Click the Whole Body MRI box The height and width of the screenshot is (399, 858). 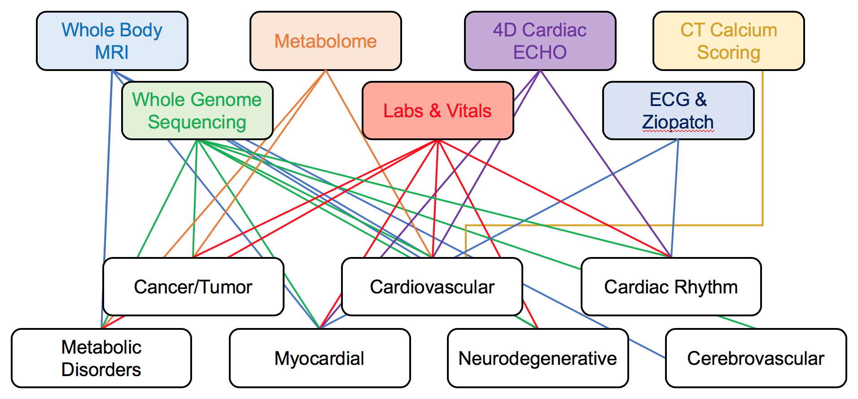(x=112, y=41)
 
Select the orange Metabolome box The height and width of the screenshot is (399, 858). (x=325, y=41)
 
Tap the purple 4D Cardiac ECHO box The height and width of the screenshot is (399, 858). (x=540, y=41)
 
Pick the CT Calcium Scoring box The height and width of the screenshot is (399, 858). (x=728, y=41)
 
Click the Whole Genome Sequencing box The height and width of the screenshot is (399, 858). (x=197, y=111)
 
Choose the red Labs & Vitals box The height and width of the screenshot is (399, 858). (x=438, y=111)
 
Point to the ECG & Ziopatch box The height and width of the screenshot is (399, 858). (x=678, y=111)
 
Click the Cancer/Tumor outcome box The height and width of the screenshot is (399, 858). (x=193, y=287)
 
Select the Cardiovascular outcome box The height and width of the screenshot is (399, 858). (x=432, y=287)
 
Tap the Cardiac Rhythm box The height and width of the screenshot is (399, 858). (x=671, y=287)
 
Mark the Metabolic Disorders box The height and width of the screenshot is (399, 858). (x=101, y=358)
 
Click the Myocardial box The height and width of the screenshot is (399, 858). (x=320, y=358)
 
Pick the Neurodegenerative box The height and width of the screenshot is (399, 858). (x=538, y=358)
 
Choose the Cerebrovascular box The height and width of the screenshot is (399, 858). (x=756, y=358)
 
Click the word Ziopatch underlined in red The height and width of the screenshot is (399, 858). (x=678, y=122)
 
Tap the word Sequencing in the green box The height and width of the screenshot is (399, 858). (x=197, y=122)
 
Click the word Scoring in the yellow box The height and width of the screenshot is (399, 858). (x=728, y=53)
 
